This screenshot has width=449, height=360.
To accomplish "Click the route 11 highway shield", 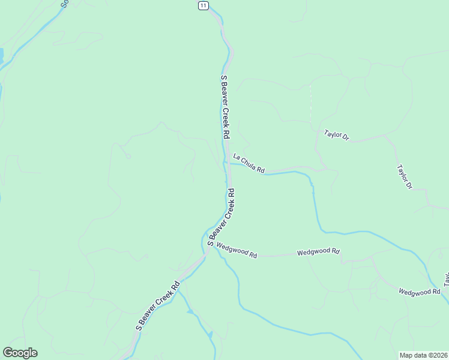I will point(203,5).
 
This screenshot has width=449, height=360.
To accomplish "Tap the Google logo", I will point(20,353).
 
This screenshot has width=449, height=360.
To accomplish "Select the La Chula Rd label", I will point(249,163).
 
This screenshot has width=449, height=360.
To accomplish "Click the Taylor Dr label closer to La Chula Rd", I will point(336,135).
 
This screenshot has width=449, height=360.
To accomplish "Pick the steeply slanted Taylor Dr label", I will point(405,177).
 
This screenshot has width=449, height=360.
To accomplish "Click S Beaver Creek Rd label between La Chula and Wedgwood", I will point(221,217).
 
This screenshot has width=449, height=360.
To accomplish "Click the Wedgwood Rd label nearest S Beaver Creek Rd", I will point(237,250).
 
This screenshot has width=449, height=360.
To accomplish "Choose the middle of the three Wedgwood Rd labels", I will point(318,252).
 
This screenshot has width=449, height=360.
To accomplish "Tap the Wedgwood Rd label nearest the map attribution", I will point(420,292).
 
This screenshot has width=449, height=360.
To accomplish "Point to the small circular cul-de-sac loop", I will point(128,157).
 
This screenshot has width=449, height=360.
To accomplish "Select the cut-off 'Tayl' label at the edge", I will point(446,278).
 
